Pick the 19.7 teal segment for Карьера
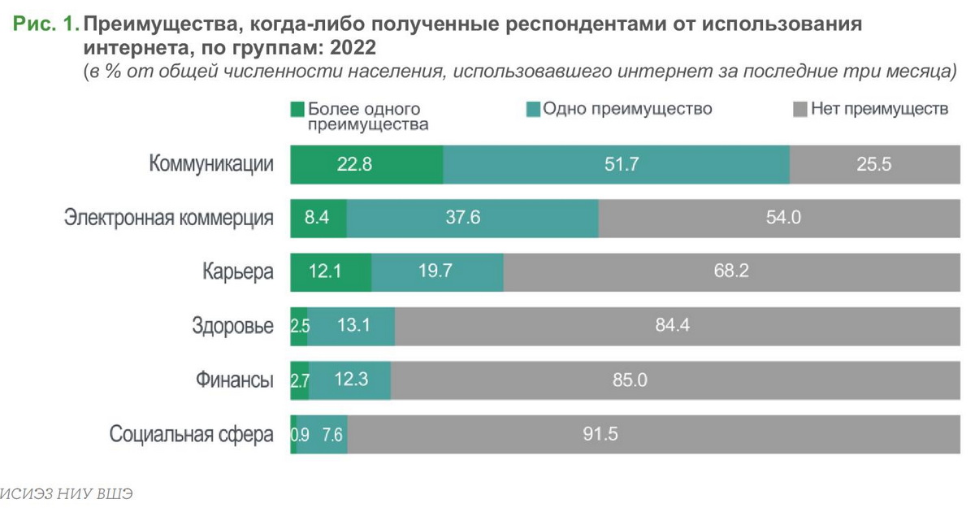click(437, 271)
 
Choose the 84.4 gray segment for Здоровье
click(672, 326)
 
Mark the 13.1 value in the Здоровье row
click(353, 326)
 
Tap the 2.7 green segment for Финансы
click(300, 380)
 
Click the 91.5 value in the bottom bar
click(600, 434)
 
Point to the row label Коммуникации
click(210, 164)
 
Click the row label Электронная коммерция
click(168, 218)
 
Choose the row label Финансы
click(234, 380)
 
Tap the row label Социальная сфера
click(192, 434)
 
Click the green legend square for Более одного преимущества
click(297, 109)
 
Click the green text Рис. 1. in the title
click(45, 24)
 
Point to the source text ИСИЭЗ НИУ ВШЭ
click(65, 493)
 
